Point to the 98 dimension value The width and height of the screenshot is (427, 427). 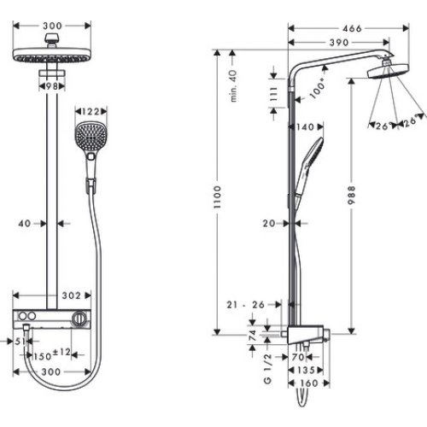tap(53, 87)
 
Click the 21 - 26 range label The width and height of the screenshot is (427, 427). tap(249, 304)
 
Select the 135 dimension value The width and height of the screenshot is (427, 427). tap(306, 372)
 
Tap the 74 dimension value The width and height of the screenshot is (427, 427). tap(254, 336)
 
